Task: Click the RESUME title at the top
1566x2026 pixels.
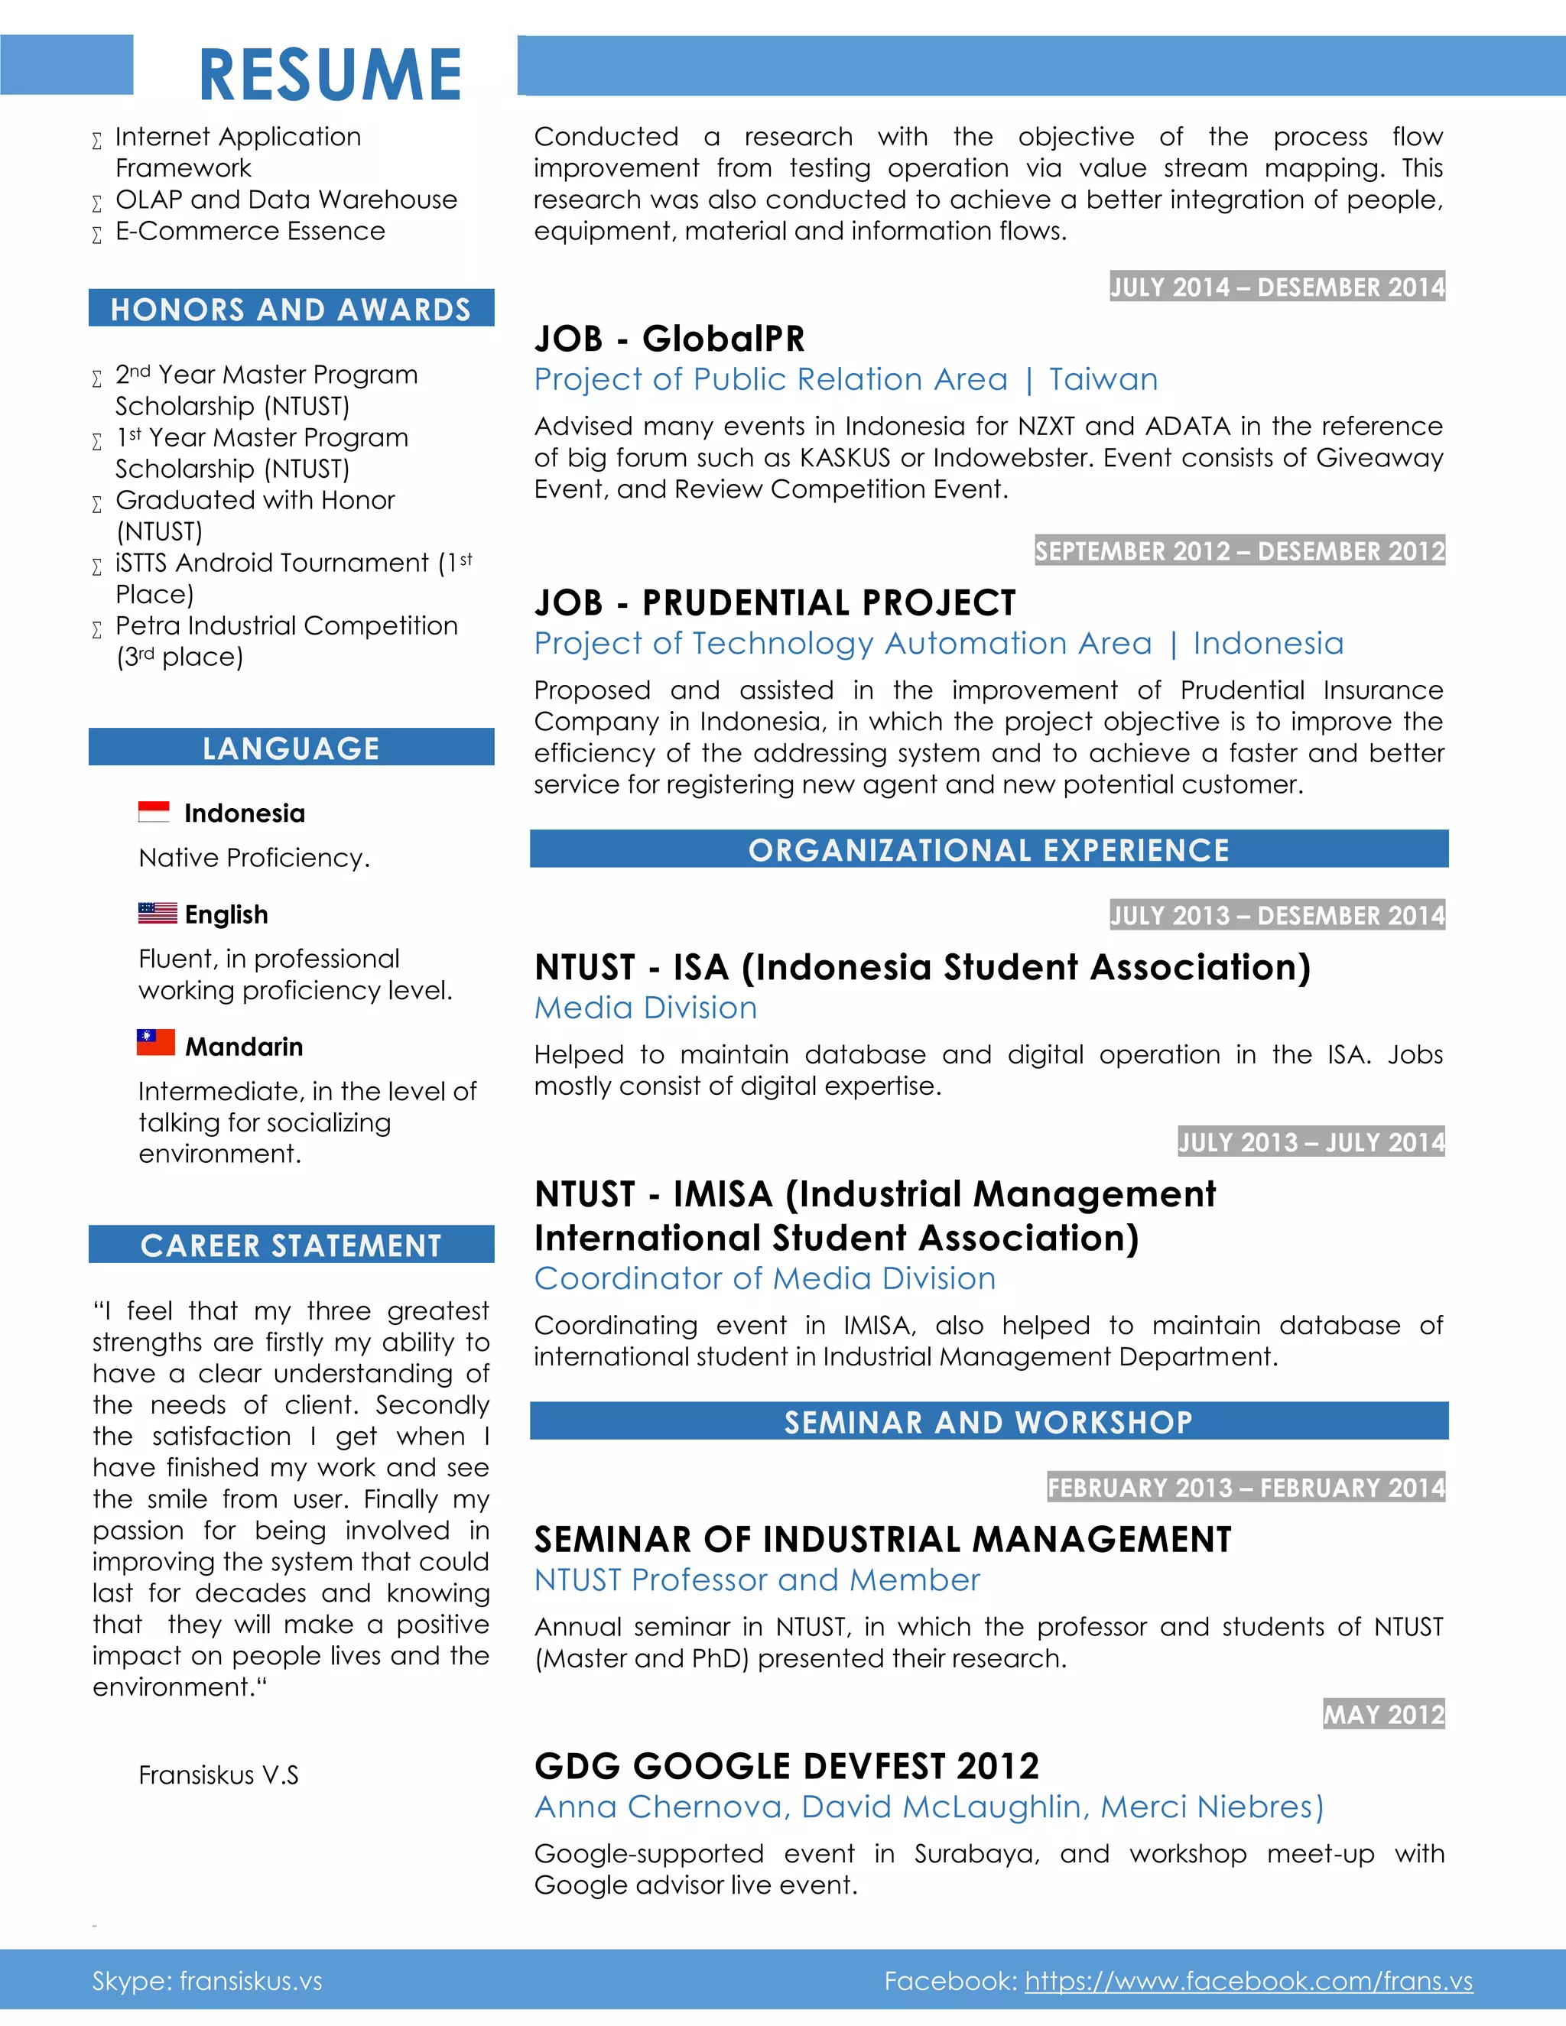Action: coord(330,74)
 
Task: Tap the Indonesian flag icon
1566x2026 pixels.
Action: coord(154,812)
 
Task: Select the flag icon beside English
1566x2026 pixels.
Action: coord(157,913)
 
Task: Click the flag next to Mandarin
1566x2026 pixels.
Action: coord(156,1043)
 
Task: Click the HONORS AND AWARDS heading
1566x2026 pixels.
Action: coord(291,309)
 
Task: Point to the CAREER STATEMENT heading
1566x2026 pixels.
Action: coord(291,1245)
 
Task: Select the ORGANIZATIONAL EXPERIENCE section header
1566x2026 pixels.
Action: coord(989,849)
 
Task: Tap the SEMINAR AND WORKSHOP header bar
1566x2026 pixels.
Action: coord(989,1422)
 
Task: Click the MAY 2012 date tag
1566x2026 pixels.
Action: coord(1383,1714)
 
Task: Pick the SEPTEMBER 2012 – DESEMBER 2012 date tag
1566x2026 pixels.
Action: coord(1239,551)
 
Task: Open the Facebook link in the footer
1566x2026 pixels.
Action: coord(1248,1981)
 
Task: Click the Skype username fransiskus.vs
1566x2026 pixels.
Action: coord(252,1981)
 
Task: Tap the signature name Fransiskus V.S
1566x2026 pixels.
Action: coord(219,1774)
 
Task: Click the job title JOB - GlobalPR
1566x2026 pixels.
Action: coord(670,339)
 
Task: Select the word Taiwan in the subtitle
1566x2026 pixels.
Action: coord(1103,379)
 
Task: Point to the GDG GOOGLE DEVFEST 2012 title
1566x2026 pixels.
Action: coord(787,1766)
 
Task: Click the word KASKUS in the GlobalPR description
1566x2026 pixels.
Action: coord(844,458)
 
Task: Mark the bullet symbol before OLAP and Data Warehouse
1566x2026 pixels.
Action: coord(97,203)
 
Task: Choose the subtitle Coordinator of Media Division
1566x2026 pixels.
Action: coord(765,1278)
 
